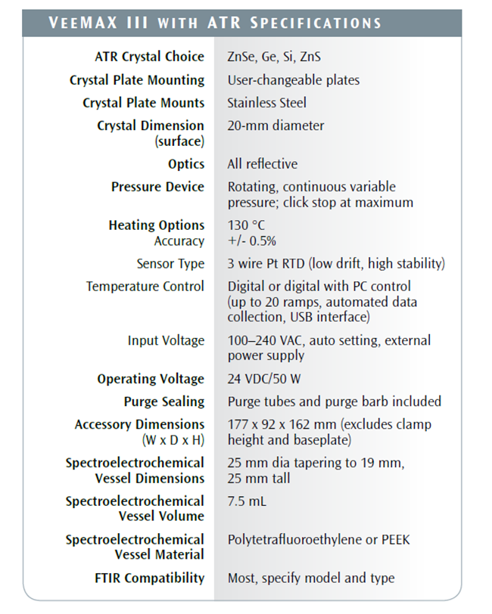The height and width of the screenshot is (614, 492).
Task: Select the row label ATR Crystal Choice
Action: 149,57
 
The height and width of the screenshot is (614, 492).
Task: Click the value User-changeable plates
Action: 294,80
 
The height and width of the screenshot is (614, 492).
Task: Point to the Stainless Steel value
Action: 267,103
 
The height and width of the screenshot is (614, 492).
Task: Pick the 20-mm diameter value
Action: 276,126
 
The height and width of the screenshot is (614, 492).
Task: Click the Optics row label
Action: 186,164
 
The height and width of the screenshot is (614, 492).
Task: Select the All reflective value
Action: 263,164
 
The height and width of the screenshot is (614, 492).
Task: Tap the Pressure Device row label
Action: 157,187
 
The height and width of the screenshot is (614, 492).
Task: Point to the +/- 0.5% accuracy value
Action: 252,241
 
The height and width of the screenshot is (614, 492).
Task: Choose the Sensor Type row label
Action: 170,264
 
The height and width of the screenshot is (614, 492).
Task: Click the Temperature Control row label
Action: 145,287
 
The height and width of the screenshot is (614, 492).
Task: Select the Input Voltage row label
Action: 166,340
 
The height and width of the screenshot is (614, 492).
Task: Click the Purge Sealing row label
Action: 164,402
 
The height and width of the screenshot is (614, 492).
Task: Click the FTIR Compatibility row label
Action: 149,578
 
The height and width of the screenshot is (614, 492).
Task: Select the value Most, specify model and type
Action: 311,578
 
